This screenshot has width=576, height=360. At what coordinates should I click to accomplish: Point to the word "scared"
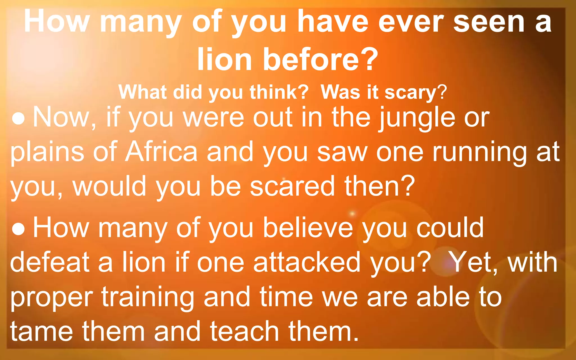coord(292,186)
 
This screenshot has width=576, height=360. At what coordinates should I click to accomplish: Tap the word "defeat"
coord(49,262)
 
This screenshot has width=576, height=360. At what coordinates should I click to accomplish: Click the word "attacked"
coord(307,262)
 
